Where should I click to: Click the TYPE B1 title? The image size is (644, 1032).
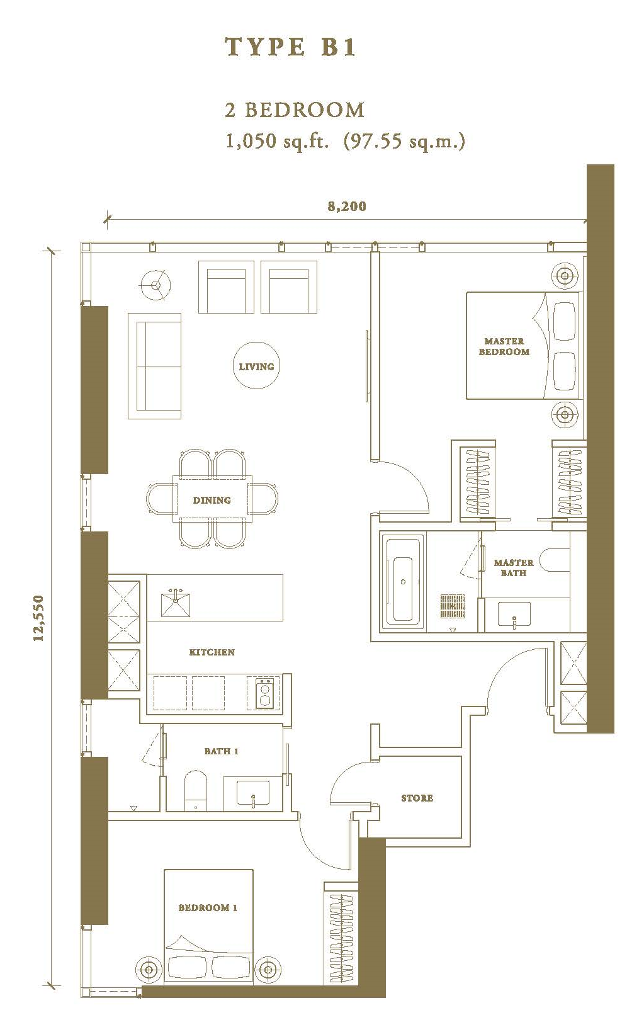[290, 47]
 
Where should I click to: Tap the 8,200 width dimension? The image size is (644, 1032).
[347, 206]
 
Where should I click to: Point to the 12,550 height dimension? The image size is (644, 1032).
[38, 618]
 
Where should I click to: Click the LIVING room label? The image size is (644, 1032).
[256, 366]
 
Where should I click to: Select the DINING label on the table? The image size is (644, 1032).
[212, 500]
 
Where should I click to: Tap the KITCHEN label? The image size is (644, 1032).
[212, 652]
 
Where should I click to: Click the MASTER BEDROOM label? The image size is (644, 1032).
[504, 346]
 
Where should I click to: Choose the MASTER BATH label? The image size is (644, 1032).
[514, 567]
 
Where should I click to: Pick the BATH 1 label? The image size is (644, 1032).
[221, 751]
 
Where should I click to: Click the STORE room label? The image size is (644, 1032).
[417, 798]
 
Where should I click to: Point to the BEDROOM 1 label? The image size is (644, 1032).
[208, 907]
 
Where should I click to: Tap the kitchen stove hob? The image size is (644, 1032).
[264, 693]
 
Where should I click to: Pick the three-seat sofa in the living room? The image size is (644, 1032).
[154, 366]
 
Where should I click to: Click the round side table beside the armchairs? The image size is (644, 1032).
[155, 285]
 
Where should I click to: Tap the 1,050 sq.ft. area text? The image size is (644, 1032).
[278, 140]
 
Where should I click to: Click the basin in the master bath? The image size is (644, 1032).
[514, 615]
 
